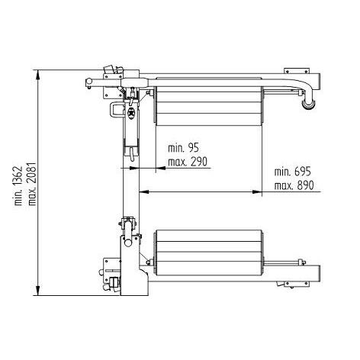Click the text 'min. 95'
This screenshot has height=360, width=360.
coord(183,148)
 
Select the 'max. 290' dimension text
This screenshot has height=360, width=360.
coord(188,162)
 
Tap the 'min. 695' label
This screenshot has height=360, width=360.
coord(292,172)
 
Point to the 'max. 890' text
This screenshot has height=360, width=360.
coord(294,185)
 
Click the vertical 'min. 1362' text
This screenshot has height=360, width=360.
coord(18,186)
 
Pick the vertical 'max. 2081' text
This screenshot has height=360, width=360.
coord(32,184)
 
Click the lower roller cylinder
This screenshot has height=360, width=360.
coord(208,252)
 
